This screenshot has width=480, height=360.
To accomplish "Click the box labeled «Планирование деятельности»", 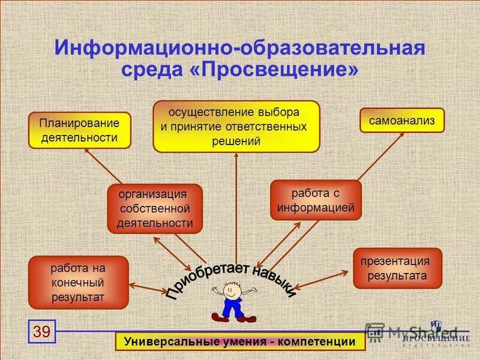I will pos(80,130).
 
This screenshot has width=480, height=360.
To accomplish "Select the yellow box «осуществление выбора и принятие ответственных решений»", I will pos(236,127).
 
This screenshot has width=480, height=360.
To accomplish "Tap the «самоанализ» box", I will pos(402,120).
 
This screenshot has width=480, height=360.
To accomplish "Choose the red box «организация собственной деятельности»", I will pos(154,209).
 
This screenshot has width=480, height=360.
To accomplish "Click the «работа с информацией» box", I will pos(316,200).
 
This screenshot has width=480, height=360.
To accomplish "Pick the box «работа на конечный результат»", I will pos(78,282).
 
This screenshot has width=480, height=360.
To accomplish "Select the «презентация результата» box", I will pos(397,268).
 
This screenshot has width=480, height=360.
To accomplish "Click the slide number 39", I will pos(42,331).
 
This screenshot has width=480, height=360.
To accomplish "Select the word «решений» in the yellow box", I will pos(236,142).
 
